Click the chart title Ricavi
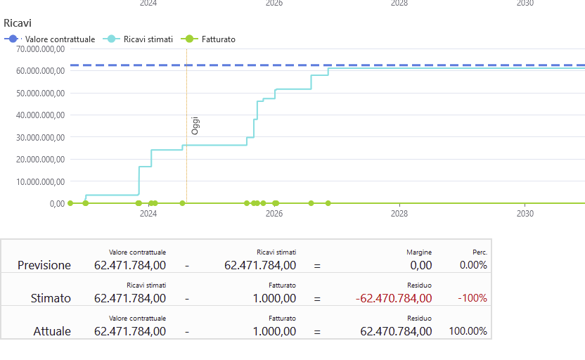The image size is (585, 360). (18, 23)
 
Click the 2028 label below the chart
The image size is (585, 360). (399, 214)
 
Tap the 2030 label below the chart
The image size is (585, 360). (525, 214)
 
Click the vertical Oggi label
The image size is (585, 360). (195, 126)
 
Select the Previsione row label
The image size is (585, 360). (44, 265)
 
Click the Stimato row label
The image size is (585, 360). (51, 298)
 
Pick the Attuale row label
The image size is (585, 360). (52, 331)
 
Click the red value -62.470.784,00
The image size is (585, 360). (394, 298)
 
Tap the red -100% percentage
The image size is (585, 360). (472, 298)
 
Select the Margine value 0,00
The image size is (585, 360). (420, 265)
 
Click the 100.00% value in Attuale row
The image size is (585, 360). (468, 331)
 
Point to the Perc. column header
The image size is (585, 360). (480, 252)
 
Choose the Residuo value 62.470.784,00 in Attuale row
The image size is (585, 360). (396, 331)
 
